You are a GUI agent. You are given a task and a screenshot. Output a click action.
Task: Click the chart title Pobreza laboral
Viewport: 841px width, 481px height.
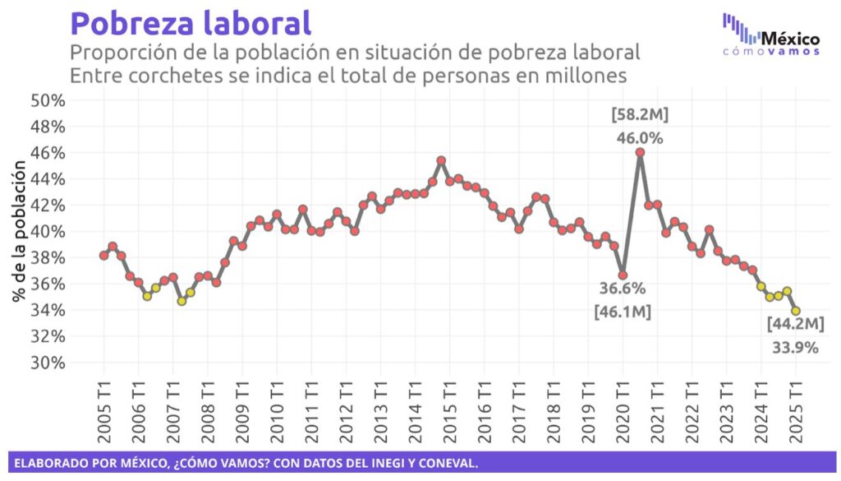(191, 22)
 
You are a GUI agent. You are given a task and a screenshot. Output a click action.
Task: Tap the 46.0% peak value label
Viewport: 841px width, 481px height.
(640, 138)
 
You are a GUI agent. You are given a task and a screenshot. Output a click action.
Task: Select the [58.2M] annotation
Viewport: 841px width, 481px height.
(640, 113)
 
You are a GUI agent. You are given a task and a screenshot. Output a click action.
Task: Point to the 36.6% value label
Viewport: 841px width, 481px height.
(622, 289)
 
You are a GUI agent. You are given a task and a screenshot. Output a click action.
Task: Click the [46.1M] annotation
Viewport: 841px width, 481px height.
(622, 312)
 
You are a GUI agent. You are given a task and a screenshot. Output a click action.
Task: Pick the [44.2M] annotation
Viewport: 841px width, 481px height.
(795, 324)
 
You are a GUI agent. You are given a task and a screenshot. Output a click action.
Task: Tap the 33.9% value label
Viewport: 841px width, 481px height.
(795, 348)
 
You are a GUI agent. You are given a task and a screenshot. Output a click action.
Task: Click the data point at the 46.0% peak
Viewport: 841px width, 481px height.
(640, 152)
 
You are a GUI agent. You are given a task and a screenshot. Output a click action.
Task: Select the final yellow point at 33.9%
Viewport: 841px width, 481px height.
(796, 311)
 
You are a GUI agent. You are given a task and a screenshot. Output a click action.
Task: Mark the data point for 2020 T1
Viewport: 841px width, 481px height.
(623, 275)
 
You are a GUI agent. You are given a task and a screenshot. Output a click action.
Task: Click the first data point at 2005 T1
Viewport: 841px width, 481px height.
(103, 256)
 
